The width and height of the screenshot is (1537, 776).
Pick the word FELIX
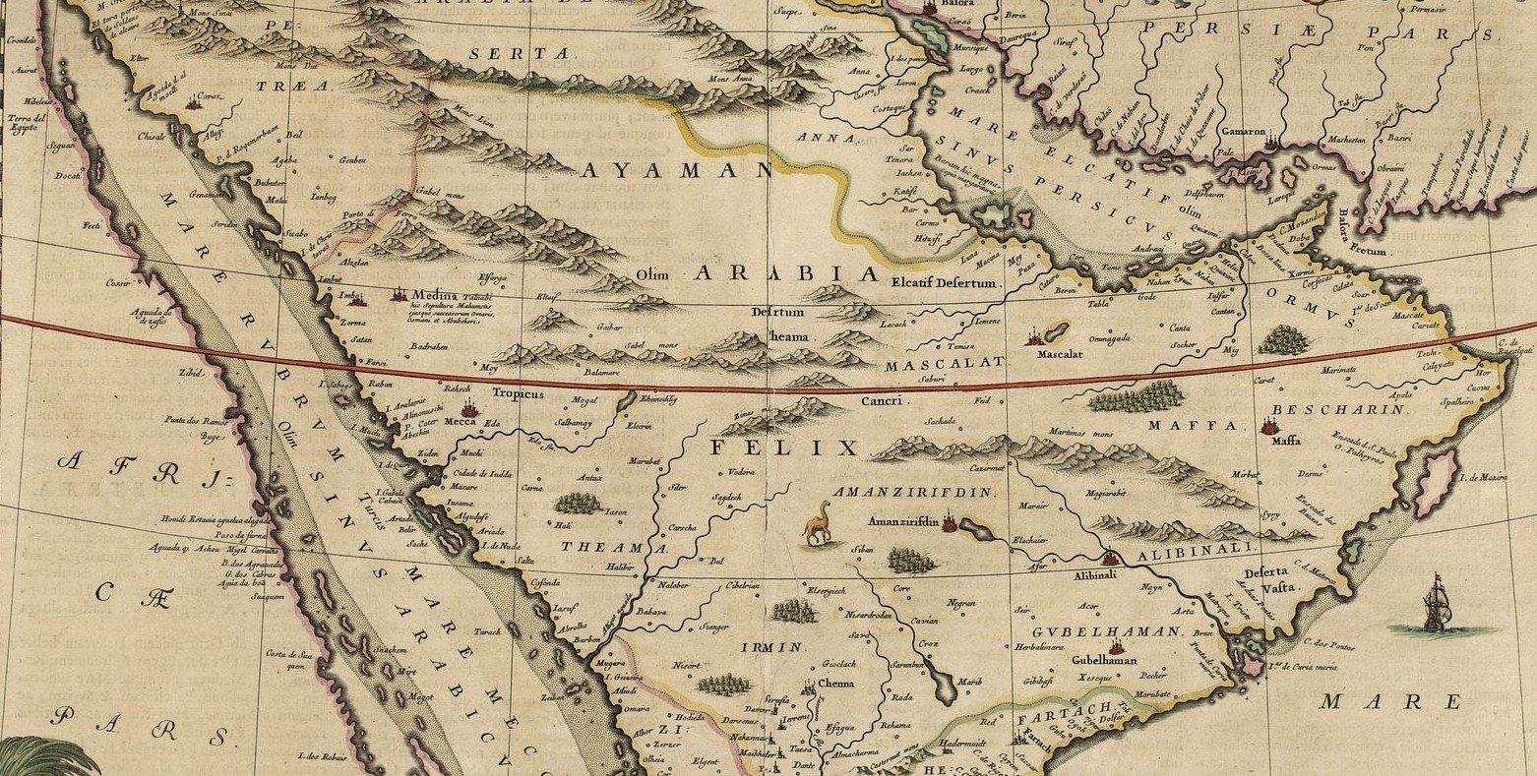pos(784,448)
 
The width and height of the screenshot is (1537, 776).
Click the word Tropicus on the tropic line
pos(518,393)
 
